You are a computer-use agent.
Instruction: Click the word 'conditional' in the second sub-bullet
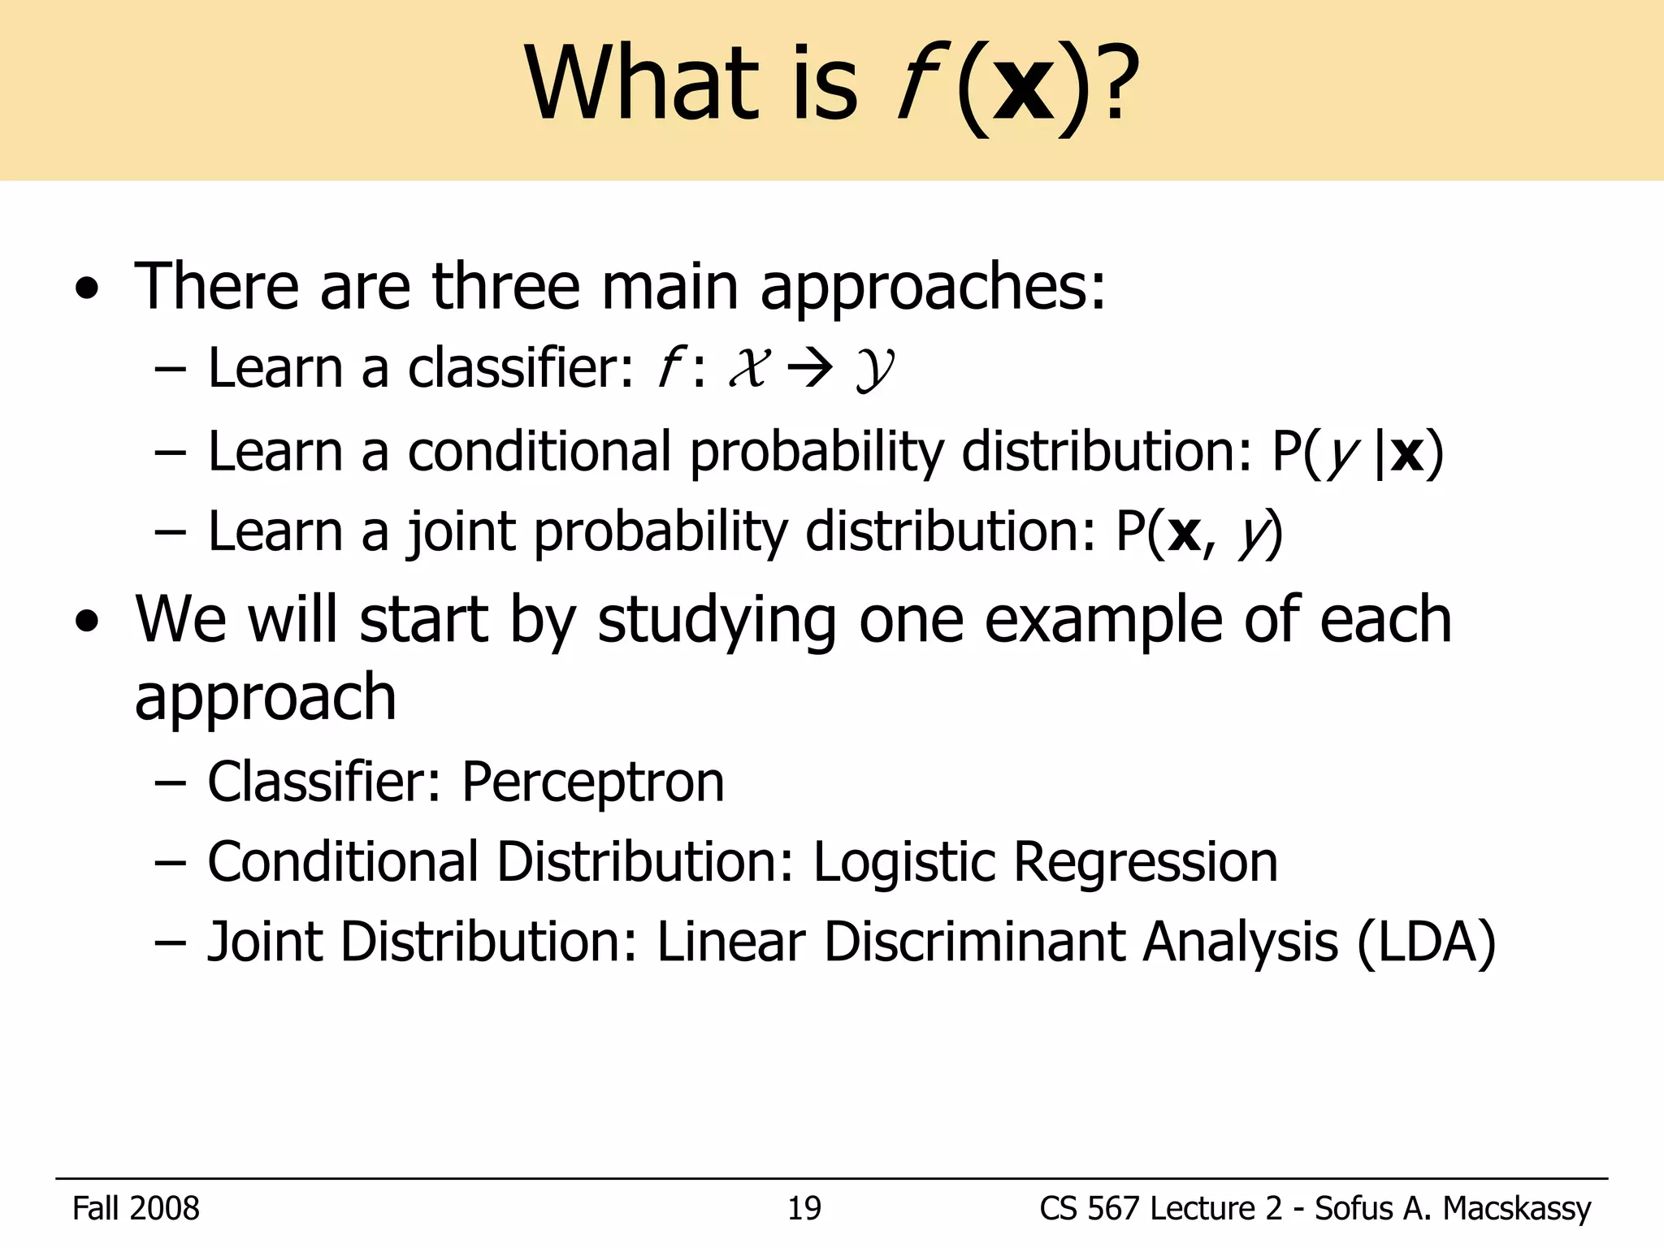click(539, 452)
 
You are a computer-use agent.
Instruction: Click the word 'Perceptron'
click(592, 782)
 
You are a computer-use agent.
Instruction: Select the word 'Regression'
click(1146, 863)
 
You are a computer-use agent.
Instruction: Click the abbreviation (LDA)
click(1426, 942)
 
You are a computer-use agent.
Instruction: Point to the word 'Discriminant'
click(973, 942)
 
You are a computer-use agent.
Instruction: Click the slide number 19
click(804, 1209)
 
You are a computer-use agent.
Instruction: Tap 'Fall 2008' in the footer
click(136, 1209)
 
